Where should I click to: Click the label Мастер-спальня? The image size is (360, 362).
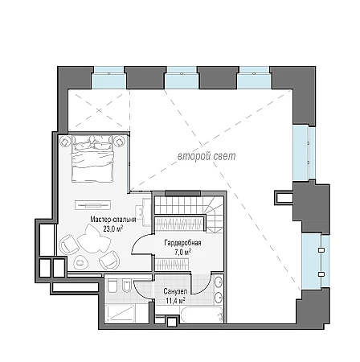point(113,220)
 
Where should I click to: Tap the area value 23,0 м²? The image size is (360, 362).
point(113,228)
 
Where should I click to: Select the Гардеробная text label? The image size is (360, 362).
point(182,243)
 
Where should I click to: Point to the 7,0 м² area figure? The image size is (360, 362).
point(182,252)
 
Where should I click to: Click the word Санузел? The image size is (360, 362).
point(175,291)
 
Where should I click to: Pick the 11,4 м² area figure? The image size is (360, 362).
point(175,301)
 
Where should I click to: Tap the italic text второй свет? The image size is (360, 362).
point(207,156)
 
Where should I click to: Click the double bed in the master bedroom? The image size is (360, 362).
point(92,158)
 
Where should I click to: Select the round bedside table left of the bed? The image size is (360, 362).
point(64,141)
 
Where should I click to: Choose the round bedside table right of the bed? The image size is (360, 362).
point(119,141)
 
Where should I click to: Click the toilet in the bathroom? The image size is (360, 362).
point(112,286)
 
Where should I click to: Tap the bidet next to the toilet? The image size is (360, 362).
point(126,286)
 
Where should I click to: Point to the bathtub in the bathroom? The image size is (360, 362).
point(202,315)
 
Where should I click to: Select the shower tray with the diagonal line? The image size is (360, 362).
point(120,312)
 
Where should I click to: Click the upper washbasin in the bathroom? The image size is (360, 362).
point(219,282)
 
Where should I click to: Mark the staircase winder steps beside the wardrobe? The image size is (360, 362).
point(215,215)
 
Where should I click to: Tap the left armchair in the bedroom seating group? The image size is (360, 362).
point(68,245)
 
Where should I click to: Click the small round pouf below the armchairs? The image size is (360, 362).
point(80,262)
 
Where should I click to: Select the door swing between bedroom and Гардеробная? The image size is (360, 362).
point(141,244)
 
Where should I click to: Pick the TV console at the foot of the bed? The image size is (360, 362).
point(92,205)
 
